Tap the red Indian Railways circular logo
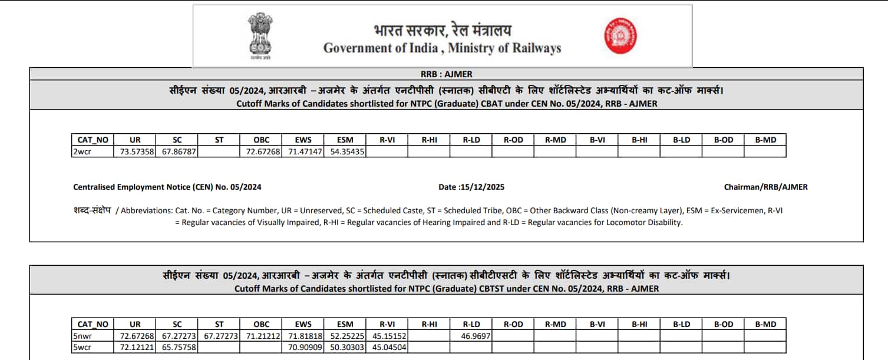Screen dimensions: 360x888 tap(619, 35)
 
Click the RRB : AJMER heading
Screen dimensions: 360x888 tap(445, 74)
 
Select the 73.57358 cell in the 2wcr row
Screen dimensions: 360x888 tap(135, 151)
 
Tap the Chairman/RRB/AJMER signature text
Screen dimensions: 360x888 tap(765, 187)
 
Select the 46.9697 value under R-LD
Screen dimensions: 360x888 tap(476, 336)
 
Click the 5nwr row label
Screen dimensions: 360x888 tap(83, 336)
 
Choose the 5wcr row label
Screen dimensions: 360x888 tap(83, 348)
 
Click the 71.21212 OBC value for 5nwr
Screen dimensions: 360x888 tap(260, 336)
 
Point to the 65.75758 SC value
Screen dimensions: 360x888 tap(177, 348)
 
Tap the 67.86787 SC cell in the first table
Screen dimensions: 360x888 tap(177, 151)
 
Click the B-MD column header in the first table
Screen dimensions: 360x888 tap(765, 140)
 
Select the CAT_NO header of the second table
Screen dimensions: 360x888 tap(93, 324)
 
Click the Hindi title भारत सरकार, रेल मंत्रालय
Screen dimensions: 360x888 tap(442, 30)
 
